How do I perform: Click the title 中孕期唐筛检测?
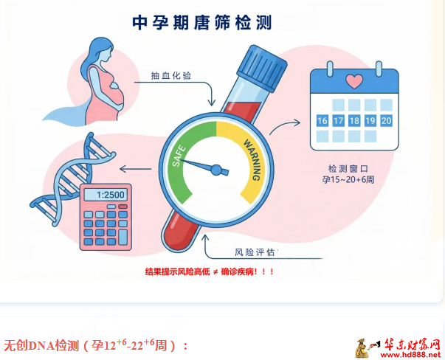click(201, 23)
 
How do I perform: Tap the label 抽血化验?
click(170, 75)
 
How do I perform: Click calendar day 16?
click(322, 120)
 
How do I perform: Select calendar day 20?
click(386, 120)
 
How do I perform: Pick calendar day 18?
click(354, 120)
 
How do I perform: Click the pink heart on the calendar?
click(353, 81)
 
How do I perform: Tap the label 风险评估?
click(254, 252)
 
